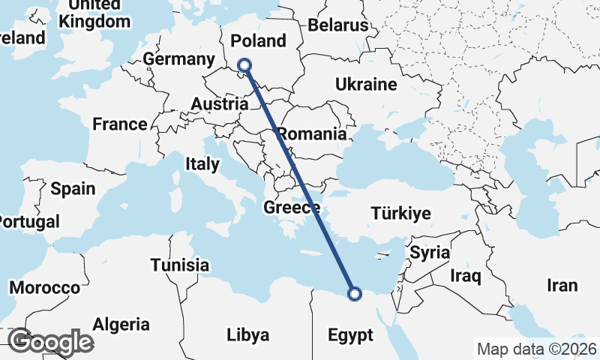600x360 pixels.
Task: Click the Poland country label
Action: pyautogui.click(x=259, y=40)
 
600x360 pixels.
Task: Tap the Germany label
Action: pyautogui.click(x=179, y=59)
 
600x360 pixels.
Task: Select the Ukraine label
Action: pyautogui.click(x=366, y=83)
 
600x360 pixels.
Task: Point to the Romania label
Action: pyautogui.click(x=312, y=135)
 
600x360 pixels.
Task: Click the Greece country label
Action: pyautogui.click(x=292, y=208)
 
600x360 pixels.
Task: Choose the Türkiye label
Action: pyautogui.click(x=401, y=214)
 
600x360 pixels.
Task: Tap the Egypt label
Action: pyautogui.click(x=350, y=335)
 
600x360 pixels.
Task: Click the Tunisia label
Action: pyautogui.click(x=180, y=265)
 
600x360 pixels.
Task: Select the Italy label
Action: pyautogui.click(x=202, y=163)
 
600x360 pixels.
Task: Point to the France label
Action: pyautogui.click(x=120, y=124)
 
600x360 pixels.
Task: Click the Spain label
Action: pyautogui.click(x=73, y=187)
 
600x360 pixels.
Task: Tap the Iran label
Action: pyautogui.click(x=562, y=285)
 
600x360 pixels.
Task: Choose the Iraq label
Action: pyautogui.click(x=465, y=276)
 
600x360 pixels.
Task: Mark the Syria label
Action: pyautogui.click(x=430, y=252)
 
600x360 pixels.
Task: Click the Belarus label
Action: pyautogui.click(x=338, y=25)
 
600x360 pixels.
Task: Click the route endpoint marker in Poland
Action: pyautogui.click(x=244, y=66)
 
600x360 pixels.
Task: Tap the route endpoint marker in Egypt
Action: pyautogui.click(x=355, y=293)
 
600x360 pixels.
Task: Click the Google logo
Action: pyautogui.click(x=51, y=342)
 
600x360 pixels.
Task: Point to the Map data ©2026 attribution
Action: pyautogui.click(x=537, y=349)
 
